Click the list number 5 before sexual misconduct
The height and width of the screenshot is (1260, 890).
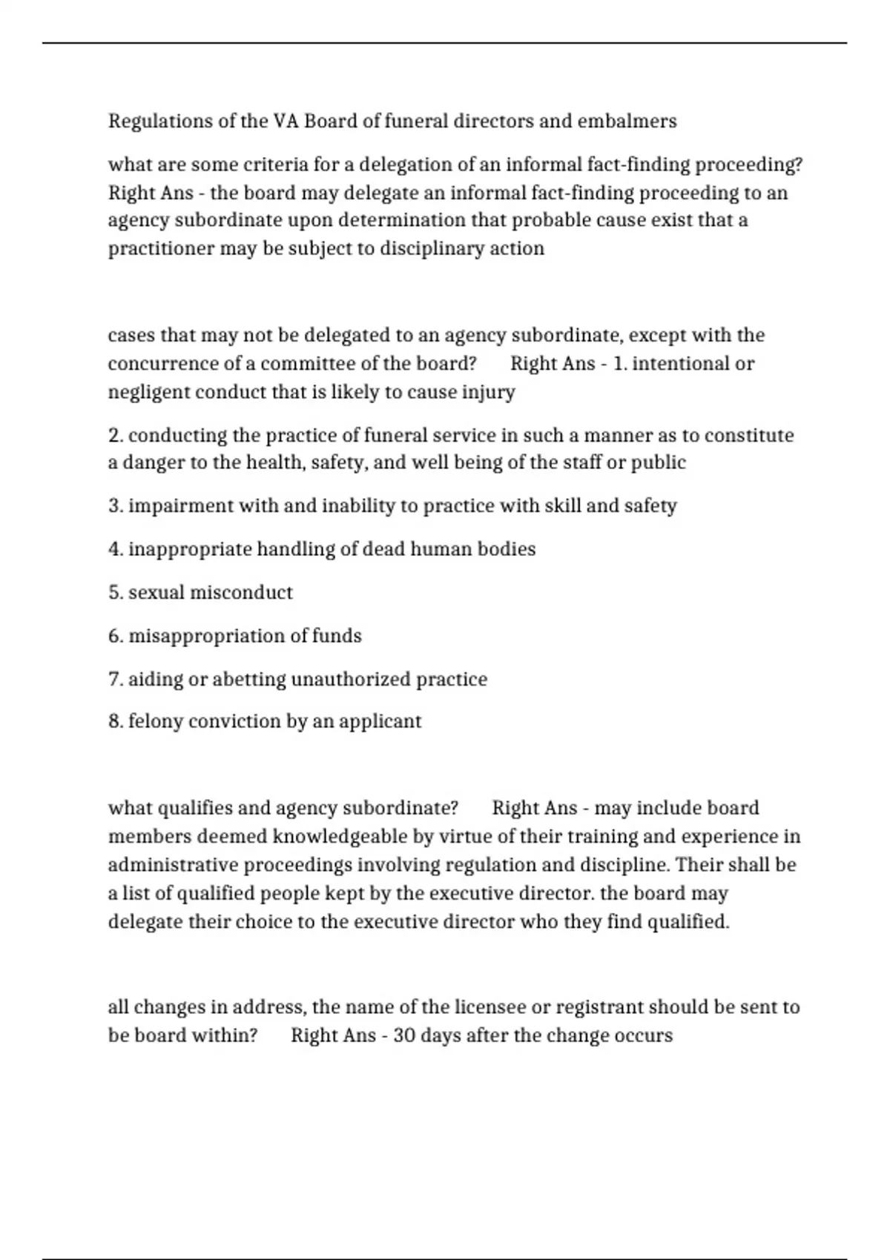(x=114, y=593)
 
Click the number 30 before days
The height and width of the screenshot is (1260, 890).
(x=404, y=1035)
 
